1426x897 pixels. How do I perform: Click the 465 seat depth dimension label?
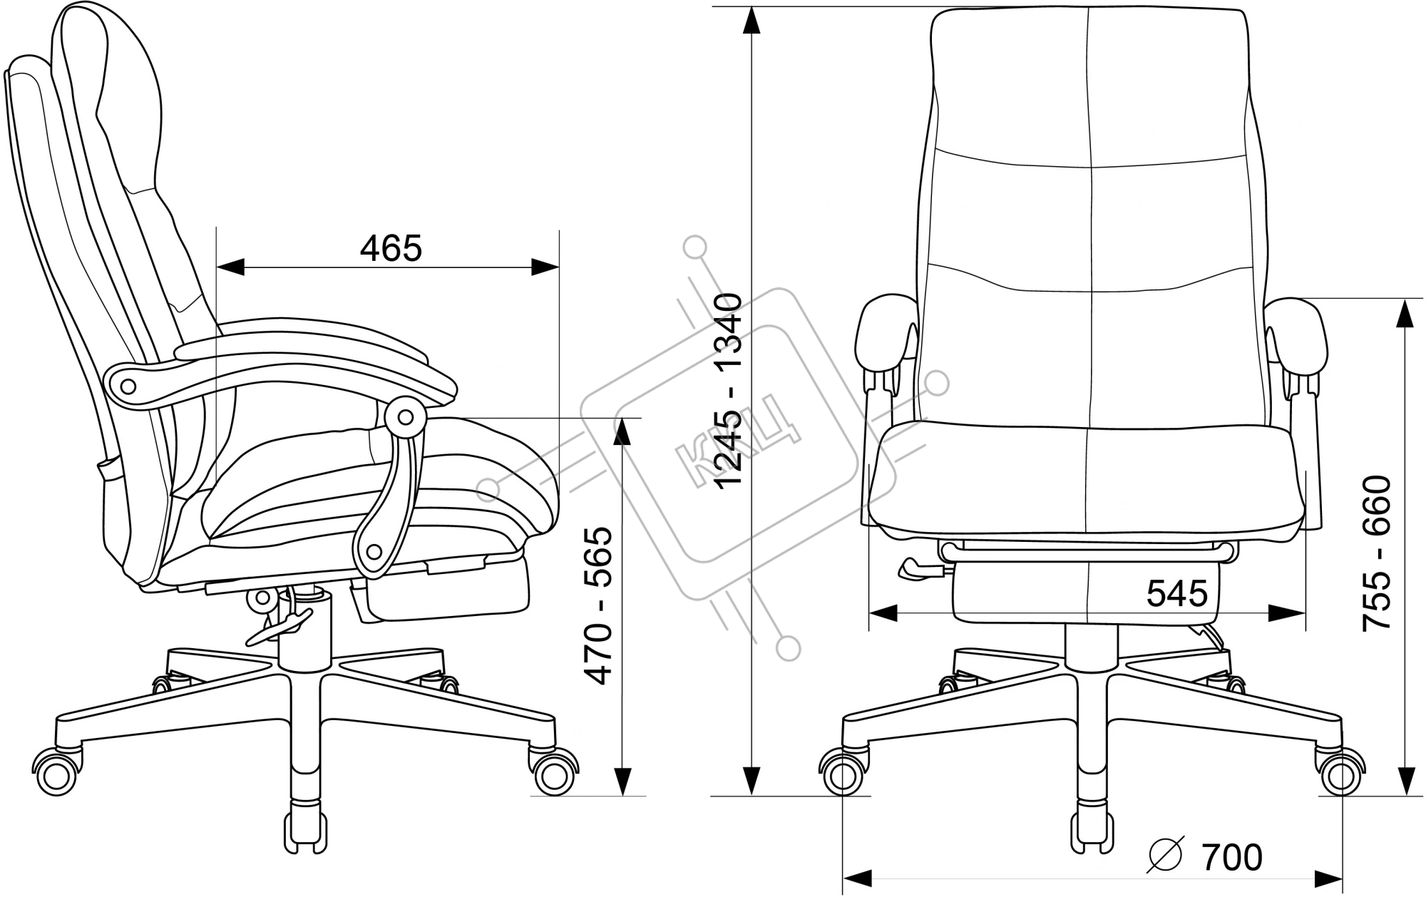[391, 247]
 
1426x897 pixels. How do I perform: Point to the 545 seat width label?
[1177, 593]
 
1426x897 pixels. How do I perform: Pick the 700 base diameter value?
[1232, 857]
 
